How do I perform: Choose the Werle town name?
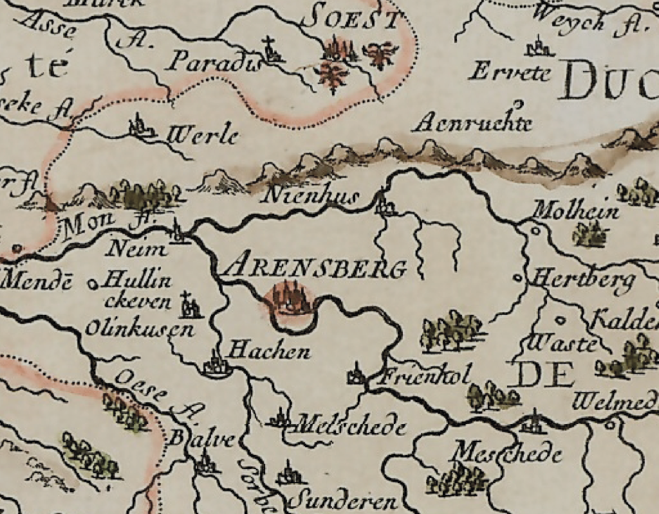click(x=203, y=136)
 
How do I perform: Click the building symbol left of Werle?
click(x=142, y=126)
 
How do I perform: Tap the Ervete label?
click(x=510, y=72)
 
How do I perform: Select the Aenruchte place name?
click(x=472, y=123)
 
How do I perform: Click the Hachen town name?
click(x=270, y=351)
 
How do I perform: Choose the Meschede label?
click(x=508, y=453)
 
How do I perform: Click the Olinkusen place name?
click(x=139, y=330)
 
